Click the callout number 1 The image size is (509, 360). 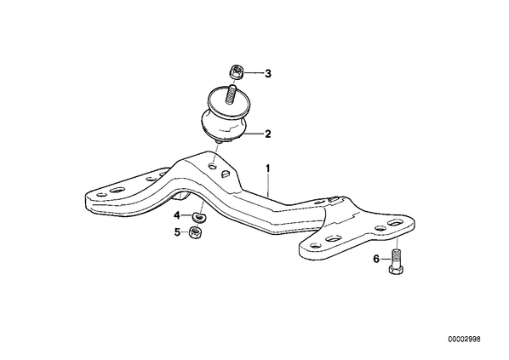pos(268,169)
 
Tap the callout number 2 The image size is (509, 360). pos(267,134)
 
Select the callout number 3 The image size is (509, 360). pos(268,74)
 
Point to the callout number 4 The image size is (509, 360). pos(177,215)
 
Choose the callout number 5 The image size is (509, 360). pos(177,232)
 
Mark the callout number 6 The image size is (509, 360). pos(376,259)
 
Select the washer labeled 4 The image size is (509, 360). pos(199,217)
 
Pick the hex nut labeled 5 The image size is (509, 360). pos(196,232)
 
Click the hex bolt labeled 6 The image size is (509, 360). pos(396,261)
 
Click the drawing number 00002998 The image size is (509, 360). pos(464,340)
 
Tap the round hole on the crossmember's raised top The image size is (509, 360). pos(212,167)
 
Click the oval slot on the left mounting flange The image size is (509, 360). pos(117,190)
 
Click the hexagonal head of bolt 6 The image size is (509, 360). pos(396,270)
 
